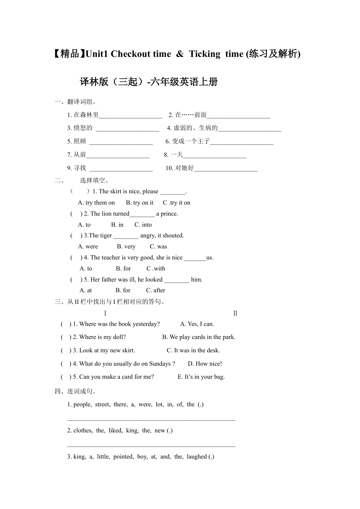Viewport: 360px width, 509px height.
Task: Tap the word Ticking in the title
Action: point(205,54)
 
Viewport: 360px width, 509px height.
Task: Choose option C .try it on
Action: point(177,203)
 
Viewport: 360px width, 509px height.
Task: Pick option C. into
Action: point(143,225)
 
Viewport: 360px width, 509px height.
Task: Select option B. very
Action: point(126,247)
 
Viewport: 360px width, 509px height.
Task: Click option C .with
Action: point(156,269)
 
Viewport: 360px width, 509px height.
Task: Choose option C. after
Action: point(155,290)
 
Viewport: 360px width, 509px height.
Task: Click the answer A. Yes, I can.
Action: point(197,324)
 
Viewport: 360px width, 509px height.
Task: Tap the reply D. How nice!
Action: point(205,364)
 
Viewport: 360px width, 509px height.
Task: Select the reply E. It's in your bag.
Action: point(201,377)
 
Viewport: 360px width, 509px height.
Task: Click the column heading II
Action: point(235,313)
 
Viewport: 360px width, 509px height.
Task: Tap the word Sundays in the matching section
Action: point(160,364)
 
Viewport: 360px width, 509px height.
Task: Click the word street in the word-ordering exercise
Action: point(102,405)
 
